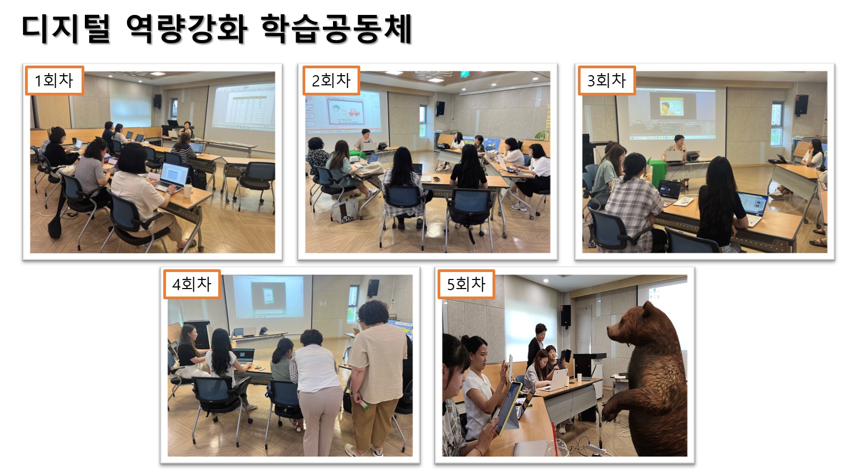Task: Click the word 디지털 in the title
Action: coord(66,29)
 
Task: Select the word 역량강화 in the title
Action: coord(187,29)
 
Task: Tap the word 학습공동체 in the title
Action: coord(336,29)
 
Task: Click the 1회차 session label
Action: coord(54,81)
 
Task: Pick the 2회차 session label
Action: coord(331,81)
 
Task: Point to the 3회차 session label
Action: coord(606,81)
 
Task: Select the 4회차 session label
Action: coord(192,284)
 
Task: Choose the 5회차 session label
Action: coord(466,284)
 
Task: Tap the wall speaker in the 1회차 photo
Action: coord(157,101)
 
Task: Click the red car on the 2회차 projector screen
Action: coord(354,112)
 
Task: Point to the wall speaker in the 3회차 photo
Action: coord(801,105)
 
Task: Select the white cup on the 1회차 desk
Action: coord(187,190)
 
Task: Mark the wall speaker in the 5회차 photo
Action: coord(566,315)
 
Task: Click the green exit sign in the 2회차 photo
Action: coord(465,74)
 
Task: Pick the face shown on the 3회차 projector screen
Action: coord(665,108)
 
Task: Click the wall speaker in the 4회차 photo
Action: coord(374,288)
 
